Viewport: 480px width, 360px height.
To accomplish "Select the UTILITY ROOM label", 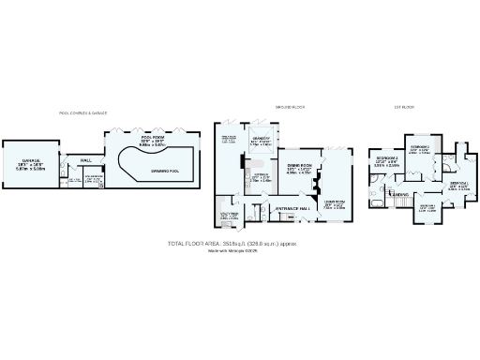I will [230, 215].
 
